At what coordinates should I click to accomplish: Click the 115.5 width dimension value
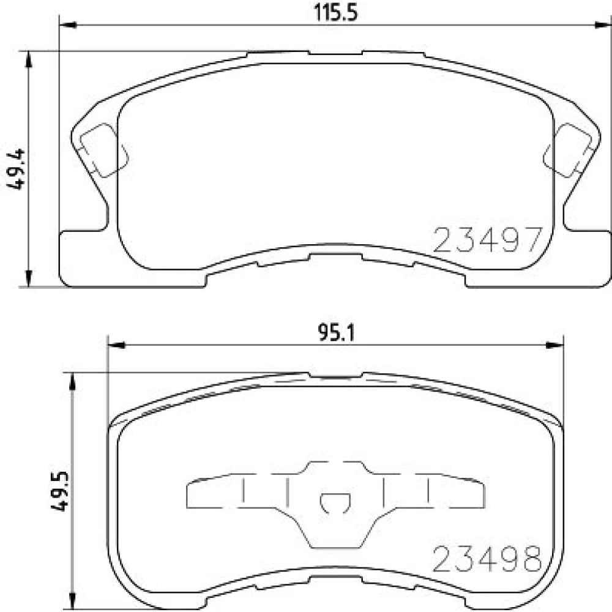pyautogui.click(x=335, y=13)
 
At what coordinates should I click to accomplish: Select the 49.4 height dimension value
pyautogui.click(x=16, y=169)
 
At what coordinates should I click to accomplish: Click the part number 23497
pyautogui.click(x=488, y=240)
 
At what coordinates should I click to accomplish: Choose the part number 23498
pyautogui.click(x=488, y=559)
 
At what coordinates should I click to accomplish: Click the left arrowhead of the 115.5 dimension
pyautogui.click(x=68, y=25)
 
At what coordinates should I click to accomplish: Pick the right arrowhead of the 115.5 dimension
pyautogui.click(x=603, y=25)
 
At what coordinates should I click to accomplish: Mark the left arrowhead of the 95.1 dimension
pyautogui.click(x=116, y=345)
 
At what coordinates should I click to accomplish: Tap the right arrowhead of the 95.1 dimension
pyautogui.click(x=554, y=345)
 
